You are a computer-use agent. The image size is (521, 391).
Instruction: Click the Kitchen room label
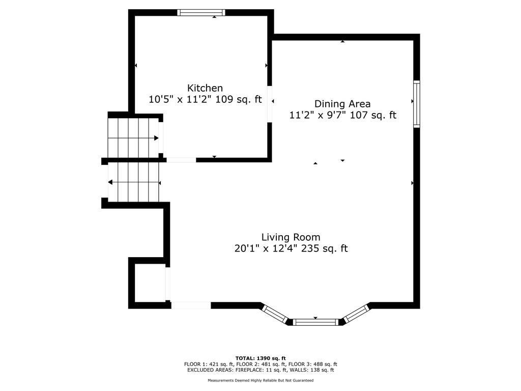(205, 88)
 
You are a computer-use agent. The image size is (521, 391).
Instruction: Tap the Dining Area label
(342, 104)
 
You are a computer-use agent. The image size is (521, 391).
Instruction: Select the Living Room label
(291, 237)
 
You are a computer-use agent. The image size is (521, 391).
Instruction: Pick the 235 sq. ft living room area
(324, 248)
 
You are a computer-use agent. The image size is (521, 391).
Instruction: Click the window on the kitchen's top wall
(201, 13)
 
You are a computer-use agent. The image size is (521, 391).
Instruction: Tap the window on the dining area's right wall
(417, 104)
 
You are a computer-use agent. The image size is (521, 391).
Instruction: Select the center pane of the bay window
(315, 322)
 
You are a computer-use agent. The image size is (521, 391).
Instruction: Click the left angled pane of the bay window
(274, 314)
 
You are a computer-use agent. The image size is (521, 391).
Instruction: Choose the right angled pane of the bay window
(357, 313)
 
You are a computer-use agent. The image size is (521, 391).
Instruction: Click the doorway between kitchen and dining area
(270, 104)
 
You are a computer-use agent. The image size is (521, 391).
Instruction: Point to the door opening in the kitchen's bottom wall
(181, 160)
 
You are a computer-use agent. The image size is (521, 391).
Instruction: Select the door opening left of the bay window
(191, 305)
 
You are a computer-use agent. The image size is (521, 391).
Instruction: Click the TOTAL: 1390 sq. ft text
(260, 358)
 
